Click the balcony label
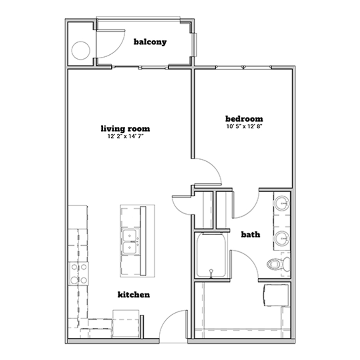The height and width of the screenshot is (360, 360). click(x=150, y=42)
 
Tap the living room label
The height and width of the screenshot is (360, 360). click(x=125, y=128)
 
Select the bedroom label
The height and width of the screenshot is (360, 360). click(x=244, y=119)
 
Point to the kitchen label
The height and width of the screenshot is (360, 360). click(x=134, y=294)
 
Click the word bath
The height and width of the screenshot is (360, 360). click(x=250, y=234)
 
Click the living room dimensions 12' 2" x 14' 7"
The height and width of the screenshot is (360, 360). click(x=125, y=136)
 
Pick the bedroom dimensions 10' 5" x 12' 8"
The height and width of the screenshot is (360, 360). click(x=244, y=126)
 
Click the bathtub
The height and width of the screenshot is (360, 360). click(x=211, y=255)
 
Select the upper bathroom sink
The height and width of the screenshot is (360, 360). click(x=282, y=203)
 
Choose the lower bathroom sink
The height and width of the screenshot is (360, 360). click(x=282, y=238)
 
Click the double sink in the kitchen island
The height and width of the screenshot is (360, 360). click(x=130, y=242)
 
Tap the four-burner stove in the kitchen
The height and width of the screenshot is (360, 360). click(x=79, y=274)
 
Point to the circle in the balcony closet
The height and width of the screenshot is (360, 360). click(x=80, y=50)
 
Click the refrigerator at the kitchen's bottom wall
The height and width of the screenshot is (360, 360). click(x=126, y=324)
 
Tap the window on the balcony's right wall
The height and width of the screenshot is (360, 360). click(x=195, y=45)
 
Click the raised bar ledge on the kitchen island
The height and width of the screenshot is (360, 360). click(x=143, y=241)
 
